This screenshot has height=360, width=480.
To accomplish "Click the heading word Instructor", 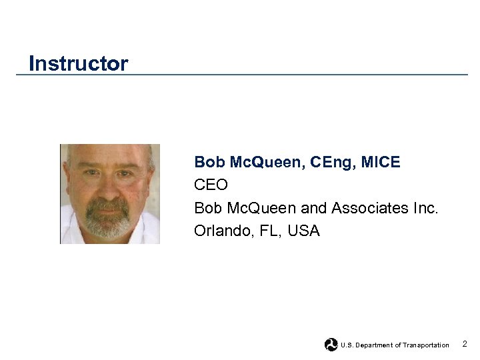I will click(78, 64).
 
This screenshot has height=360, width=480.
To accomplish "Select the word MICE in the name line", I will click(383, 162).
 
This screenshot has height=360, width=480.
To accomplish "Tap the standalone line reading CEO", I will click(211, 185).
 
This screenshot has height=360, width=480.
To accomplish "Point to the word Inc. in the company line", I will click(425, 208).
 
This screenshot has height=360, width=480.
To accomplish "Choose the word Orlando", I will click(221, 231).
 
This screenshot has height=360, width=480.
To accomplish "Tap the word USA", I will click(304, 231).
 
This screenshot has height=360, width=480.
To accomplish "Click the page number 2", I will click(465, 344).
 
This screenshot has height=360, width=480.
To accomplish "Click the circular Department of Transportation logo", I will click(331, 345).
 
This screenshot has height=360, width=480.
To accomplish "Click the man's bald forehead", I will click(109, 157).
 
